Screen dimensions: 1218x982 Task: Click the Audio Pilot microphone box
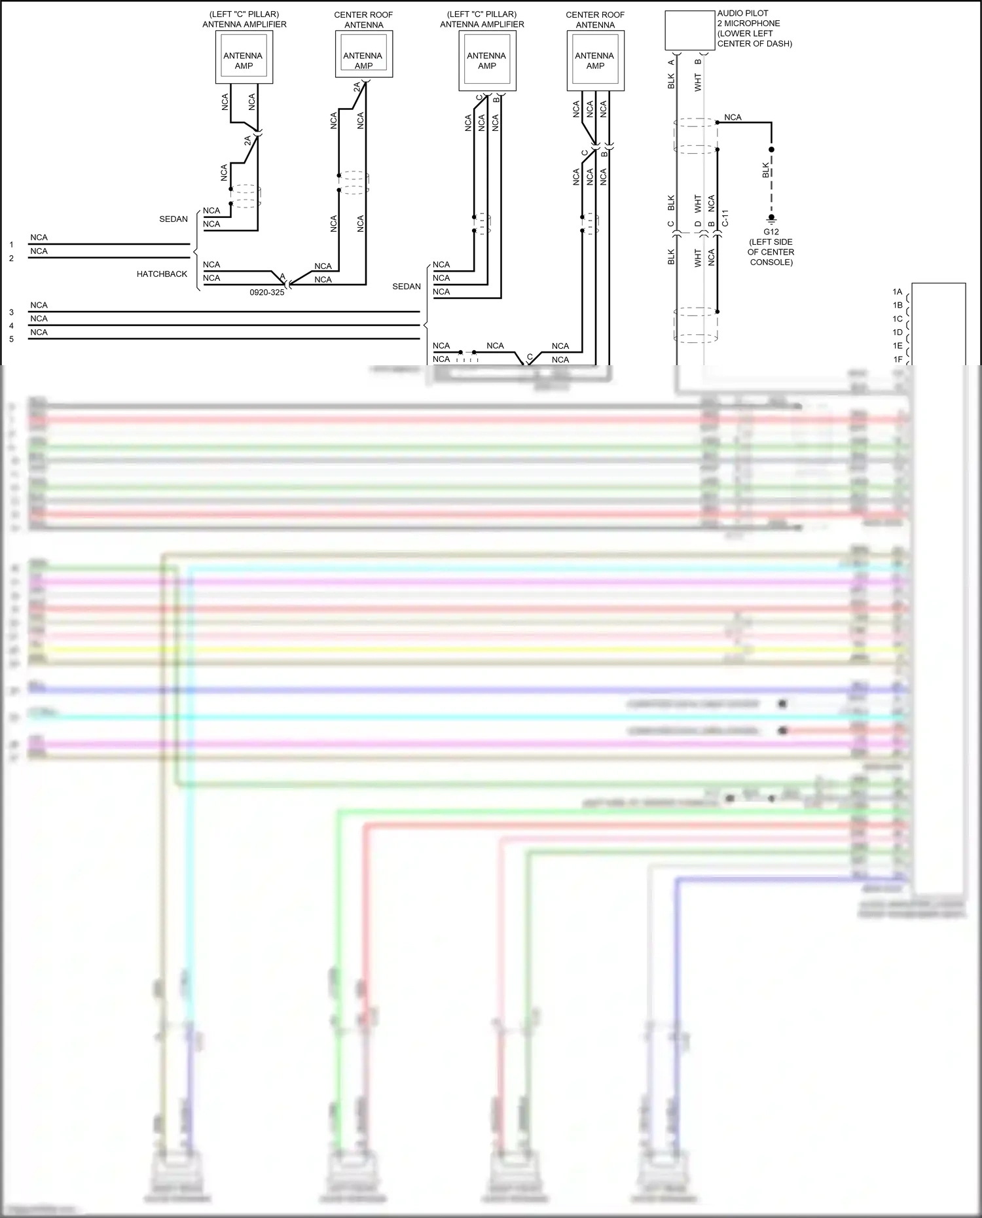click(x=689, y=30)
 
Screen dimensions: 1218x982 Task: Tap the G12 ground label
click(x=771, y=232)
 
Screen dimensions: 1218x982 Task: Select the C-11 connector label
click(x=725, y=218)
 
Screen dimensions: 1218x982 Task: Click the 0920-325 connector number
click(x=267, y=293)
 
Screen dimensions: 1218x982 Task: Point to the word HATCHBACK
click(x=162, y=274)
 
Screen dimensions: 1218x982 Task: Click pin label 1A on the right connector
click(x=898, y=292)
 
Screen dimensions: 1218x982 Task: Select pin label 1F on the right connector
click(x=898, y=359)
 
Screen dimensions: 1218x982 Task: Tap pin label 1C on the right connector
click(x=898, y=319)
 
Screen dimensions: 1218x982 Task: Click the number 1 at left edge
click(x=11, y=245)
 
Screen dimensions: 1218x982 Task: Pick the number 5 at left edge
click(x=11, y=339)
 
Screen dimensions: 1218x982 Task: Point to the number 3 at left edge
click(x=11, y=312)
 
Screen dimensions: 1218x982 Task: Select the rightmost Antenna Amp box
click(x=595, y=61)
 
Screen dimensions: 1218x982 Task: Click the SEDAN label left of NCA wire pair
click(x=173, y=219)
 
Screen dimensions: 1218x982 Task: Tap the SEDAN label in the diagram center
click(x=407, y=287)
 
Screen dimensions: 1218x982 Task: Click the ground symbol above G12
click(x=771, y=219)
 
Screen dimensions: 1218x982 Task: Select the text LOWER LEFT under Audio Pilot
click(x=746, y=33)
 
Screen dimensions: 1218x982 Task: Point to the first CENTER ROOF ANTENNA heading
click(x=363, y=20)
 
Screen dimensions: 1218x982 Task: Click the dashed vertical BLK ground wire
click(x=771, y=183)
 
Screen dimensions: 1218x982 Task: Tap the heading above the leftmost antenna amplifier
click(x=244, y=20)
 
